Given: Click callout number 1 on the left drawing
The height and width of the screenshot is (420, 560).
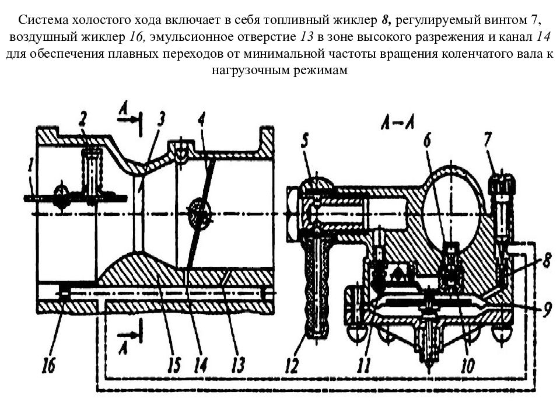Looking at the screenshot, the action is [x=32, y=167].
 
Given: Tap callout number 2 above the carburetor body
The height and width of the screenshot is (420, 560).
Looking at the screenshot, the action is [x=83, y=119].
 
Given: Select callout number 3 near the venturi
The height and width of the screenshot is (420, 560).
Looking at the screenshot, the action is [x=162, y=119].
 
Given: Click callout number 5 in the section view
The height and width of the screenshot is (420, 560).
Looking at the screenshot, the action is [x=304, y=141].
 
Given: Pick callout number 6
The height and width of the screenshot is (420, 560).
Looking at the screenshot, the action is [x=427, y=141].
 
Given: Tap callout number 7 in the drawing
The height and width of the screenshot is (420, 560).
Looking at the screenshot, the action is [x=488, y=139].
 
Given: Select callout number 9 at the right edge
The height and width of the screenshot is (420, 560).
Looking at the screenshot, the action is [x=547, y=309].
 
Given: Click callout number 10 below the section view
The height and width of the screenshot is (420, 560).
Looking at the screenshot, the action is [x=468, y=365].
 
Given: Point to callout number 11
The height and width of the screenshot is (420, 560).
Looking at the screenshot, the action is [x=364, y=365].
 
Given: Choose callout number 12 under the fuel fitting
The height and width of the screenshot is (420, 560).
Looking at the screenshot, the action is [x=292, y=365].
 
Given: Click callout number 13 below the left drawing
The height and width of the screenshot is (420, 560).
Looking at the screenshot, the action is [x=237, y=364].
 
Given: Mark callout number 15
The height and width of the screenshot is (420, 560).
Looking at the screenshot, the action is [x=174, y=364].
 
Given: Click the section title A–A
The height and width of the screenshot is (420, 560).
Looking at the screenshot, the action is [x=397, y=124].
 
